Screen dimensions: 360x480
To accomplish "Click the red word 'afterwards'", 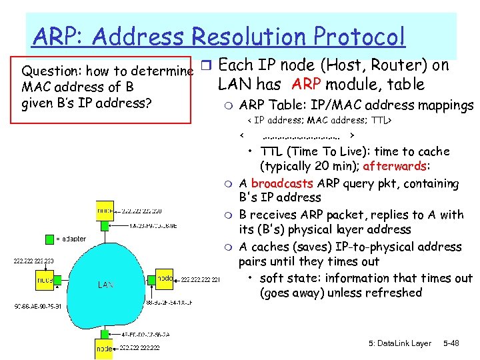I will pyautogui.click(x=396, y=166).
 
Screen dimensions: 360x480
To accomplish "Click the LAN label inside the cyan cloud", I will pyautogui.click(x=106, y=285).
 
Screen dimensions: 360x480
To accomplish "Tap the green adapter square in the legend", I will pyautogui.click(x=51, y=239).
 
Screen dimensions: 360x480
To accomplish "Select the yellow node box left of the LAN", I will pyautogui.click(x=45, y=281).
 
